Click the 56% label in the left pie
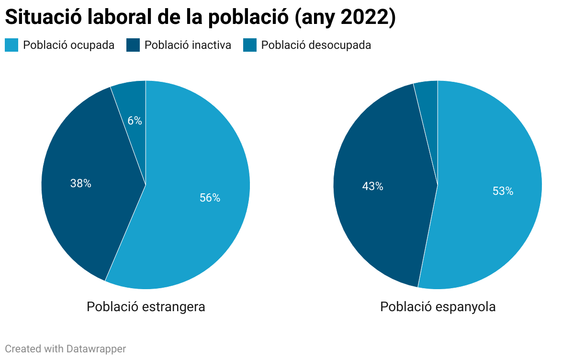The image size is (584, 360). point(210,198)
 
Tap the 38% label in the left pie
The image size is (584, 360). point(80,183)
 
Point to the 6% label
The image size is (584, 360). point(135,121)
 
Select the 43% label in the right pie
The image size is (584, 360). point(372,186)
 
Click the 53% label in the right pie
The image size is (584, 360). point(503,191)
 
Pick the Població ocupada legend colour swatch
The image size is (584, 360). point(11,45)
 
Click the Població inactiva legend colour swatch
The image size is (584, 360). point(133,45)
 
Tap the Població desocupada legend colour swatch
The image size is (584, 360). point(249,45)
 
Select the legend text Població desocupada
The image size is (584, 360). point(316,45)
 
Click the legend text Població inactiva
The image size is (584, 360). point(188,45)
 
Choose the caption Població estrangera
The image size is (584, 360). point(146,306)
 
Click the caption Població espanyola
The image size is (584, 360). point(438,306)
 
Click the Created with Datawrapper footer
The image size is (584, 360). point(66,349)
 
